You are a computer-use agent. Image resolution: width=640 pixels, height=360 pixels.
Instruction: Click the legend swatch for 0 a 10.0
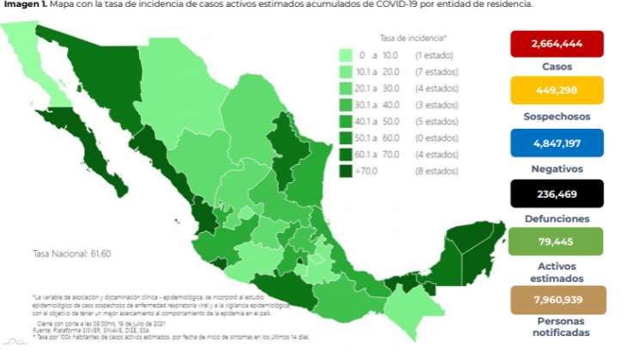click(x=347, y=55)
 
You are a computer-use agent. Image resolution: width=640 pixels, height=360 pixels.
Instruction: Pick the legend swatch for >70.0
click(x=347, y=171)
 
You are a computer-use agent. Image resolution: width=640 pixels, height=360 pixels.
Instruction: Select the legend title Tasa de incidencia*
click(x=414, y=38)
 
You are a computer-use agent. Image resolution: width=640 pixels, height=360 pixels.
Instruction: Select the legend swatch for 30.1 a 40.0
click(x=347, y=105)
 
